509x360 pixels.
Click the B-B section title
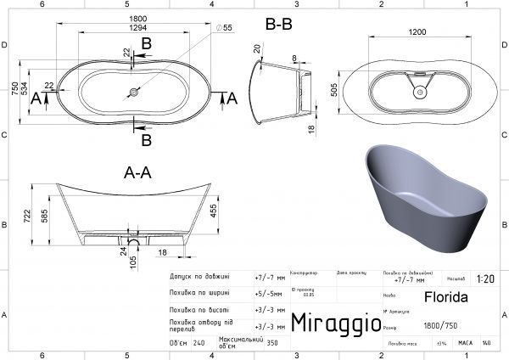(x=279, y=25)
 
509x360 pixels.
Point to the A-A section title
(x=137, y=172)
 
